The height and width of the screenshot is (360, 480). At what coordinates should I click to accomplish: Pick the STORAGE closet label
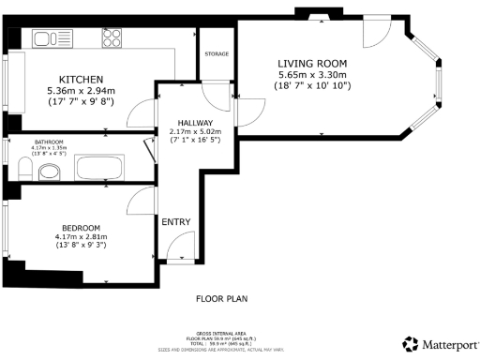[217, 53]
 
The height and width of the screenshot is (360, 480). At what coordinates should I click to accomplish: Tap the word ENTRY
[176, 222]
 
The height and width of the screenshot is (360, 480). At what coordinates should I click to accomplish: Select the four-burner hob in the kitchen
[111, 38]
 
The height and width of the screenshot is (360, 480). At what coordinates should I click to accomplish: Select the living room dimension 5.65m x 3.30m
[311, 74]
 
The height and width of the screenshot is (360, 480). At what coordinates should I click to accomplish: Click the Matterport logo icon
[410, 344]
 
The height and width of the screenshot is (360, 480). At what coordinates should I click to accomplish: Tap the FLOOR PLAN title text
[222, 300]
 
